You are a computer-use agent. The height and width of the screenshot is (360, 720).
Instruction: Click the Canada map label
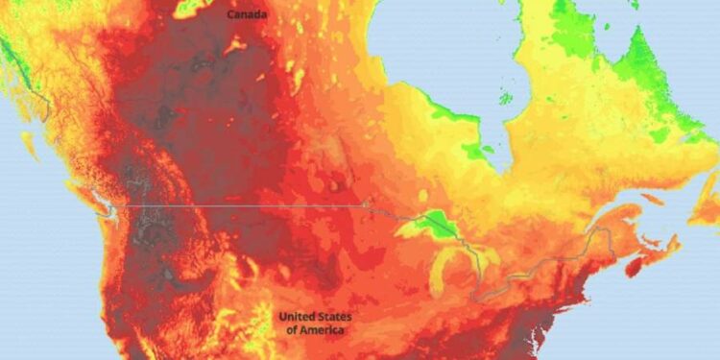[248, 14]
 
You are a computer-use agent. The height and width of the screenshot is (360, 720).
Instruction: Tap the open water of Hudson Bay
[432, 58]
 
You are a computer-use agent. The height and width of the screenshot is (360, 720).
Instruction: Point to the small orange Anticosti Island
[652, 199]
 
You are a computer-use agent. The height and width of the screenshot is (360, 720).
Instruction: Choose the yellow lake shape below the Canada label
[233, 44]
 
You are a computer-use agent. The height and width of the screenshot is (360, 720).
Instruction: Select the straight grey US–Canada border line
[240, 205]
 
